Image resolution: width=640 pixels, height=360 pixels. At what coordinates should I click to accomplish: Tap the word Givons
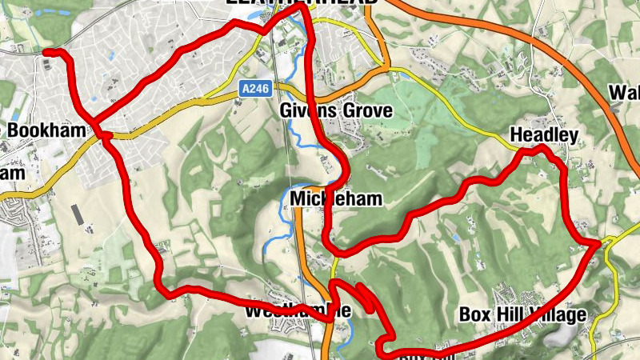point(310,110)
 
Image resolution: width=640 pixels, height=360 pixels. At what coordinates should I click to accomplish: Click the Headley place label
point(544,135)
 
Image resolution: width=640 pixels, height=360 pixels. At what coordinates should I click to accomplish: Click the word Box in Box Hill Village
point(474,314)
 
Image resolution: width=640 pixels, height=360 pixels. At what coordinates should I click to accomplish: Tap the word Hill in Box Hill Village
point(514,314)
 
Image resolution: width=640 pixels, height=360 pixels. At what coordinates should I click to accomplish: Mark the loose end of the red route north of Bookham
point(46,53)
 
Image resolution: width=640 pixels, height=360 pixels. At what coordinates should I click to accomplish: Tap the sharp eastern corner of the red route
point(598,242)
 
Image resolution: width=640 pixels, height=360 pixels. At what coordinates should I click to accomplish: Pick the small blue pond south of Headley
point(455,238)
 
